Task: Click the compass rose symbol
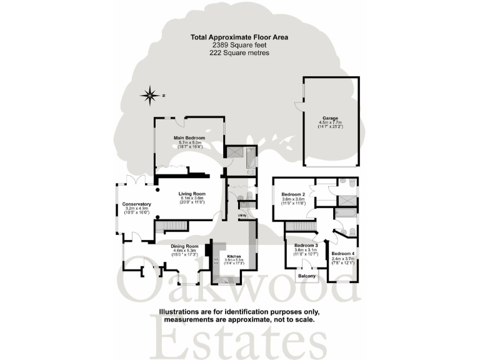tap(150, 96)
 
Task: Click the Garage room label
tap(330, 117)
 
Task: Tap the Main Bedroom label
tap(189, 138)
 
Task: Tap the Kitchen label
tap(234, 256)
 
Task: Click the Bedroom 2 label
tap(292, 194)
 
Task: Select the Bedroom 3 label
tap(306, 246)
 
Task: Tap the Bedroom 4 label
tap(343, 253)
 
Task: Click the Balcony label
tap(307, 276)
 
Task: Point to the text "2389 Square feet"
tap(239, 46)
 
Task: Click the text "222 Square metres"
tap(239, 54)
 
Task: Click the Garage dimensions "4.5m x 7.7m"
tap(330, 122)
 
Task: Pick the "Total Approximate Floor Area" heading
tap(239, 37)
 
